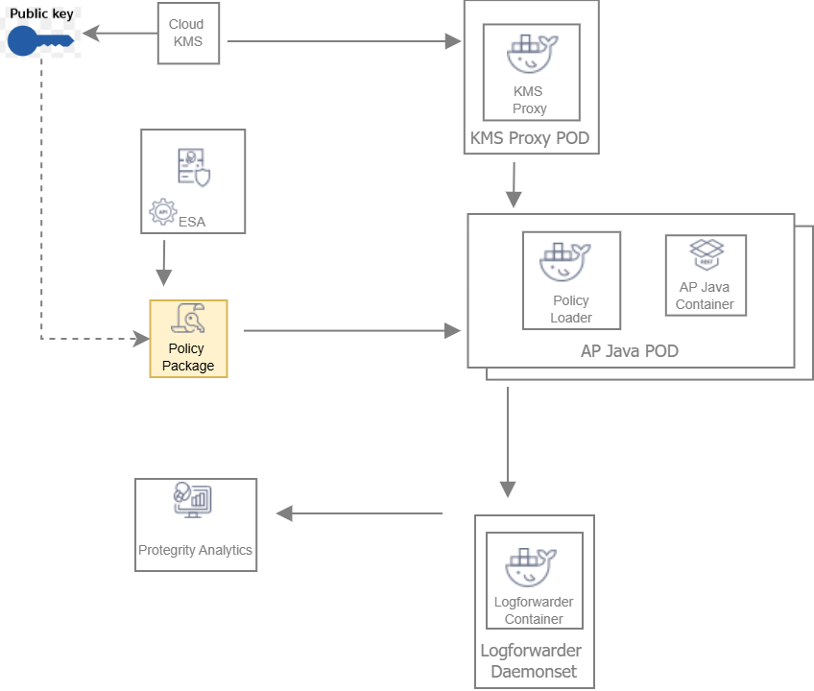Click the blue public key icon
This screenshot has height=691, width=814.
[38, 41]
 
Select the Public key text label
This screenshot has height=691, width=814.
[41, 14]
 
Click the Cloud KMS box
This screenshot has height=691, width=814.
[188, 33]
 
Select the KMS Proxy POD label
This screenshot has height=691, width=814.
[530, 139]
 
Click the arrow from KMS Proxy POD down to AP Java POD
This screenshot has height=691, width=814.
[514, 184]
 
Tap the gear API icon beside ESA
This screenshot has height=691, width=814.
[162, 212]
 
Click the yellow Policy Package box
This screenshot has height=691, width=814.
[188, 339]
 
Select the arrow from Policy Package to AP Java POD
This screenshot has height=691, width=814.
[351, 331]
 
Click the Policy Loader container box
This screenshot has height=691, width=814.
[571, 281]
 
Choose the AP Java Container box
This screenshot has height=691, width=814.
[706, 275]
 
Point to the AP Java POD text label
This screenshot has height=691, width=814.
[629, 351]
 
